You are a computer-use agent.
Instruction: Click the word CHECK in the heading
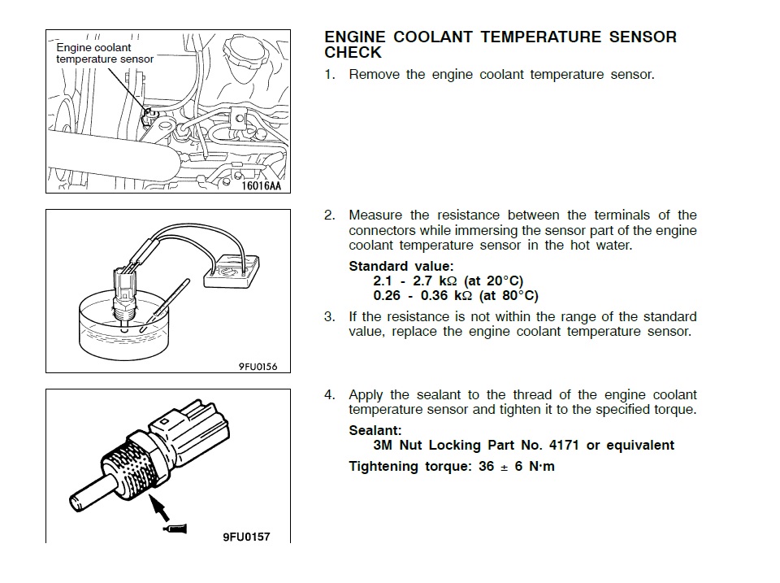coord(353,52)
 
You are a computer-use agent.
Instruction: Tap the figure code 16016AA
coord(261,185)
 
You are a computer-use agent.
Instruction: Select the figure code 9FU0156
coord(258,367)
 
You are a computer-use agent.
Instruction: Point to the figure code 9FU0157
coord(246,537)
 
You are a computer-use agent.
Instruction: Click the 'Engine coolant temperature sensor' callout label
coord(105,54)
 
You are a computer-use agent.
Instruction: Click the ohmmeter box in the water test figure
coord(232,271)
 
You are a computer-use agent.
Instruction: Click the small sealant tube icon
coord(175,529)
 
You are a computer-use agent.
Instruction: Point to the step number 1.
coord(329,75)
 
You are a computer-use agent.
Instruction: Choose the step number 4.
coord(329,395)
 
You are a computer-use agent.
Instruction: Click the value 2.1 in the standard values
coord(383,281)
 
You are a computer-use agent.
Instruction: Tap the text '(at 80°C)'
coord(509,296)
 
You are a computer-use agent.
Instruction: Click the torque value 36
coord(487,467)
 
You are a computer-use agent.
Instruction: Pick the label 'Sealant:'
coord(375,430)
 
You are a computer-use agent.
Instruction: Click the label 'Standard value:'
coord(401,267)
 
